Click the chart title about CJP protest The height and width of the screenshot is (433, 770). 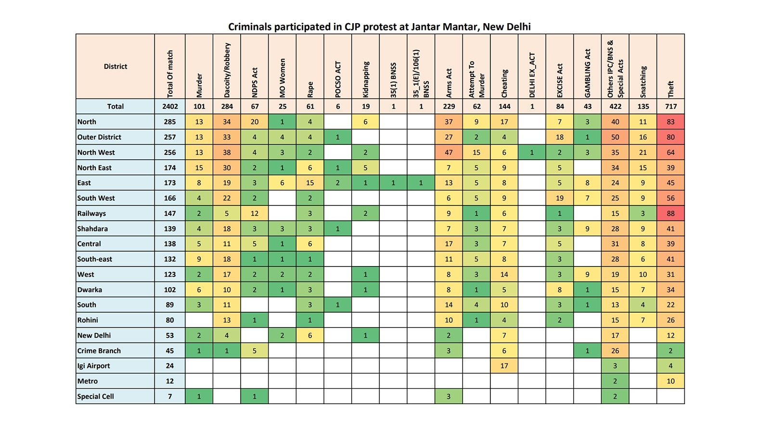tap(379, 27)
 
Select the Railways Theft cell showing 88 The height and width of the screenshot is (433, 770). tap(670, 214)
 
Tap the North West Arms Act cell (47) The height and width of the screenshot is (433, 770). tap(449, 152)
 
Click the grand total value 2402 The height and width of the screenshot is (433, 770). tap(170, 106)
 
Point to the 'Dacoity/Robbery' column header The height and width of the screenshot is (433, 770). tap(227, 70)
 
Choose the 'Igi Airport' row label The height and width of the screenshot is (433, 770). tap(93, 366)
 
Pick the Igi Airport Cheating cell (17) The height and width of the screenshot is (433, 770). tap(504, 366)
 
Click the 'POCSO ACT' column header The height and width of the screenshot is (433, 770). tap(338, 79)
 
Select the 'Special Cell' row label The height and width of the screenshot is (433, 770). tap(95, 396)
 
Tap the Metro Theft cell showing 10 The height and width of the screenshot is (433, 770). tap(670, 381)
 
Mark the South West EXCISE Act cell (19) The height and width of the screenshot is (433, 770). tap(560, 198)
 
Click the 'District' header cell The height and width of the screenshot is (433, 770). tap(115, 66)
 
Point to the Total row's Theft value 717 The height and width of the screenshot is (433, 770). tap(670, 106)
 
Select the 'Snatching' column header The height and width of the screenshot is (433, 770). tap(643, 82)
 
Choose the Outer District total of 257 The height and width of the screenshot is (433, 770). tap(170, 137)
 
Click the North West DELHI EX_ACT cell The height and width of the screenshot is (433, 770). tap(532, 152)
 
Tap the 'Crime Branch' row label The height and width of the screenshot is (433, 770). tap(99, 351)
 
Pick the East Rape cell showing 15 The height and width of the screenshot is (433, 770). tap(310, 183)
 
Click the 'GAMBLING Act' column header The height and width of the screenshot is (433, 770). tap(588, 73)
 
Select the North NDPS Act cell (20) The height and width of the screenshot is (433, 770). tap(255, 122)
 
